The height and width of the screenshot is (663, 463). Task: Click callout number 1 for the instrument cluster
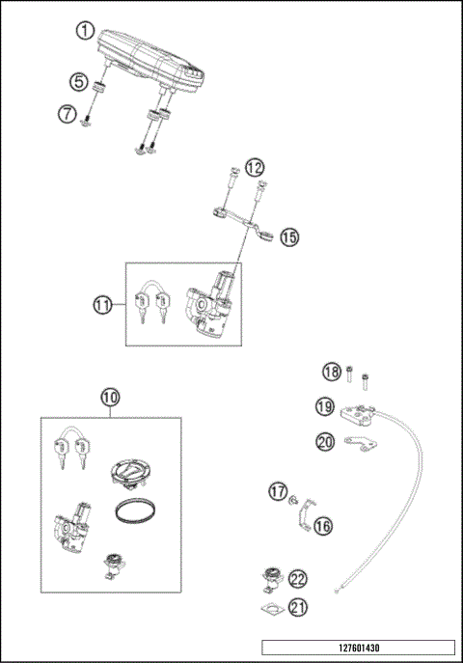point(86,30)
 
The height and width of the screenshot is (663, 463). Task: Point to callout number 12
point(254,167)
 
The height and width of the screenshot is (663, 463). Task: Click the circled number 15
point(289,236)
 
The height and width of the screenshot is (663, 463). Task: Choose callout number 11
point(104,306)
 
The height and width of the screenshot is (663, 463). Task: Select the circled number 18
point(331,373)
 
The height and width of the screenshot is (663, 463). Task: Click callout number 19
point(326,406)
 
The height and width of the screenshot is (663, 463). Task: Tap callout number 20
point(326,441)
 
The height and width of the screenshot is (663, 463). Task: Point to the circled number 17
point(278,492)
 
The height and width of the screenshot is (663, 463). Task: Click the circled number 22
point(298,579)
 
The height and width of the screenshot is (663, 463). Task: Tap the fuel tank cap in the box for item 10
point(127,472)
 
